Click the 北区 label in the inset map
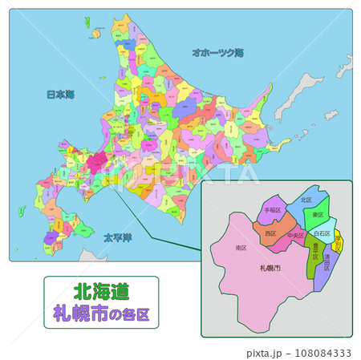click(x=306, y=200)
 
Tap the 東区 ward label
click(x=318, y=214)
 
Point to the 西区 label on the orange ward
click(x=270, y=233)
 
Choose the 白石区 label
click(x=322, y=233)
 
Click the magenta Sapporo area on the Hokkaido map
click(x=98, y=157)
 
